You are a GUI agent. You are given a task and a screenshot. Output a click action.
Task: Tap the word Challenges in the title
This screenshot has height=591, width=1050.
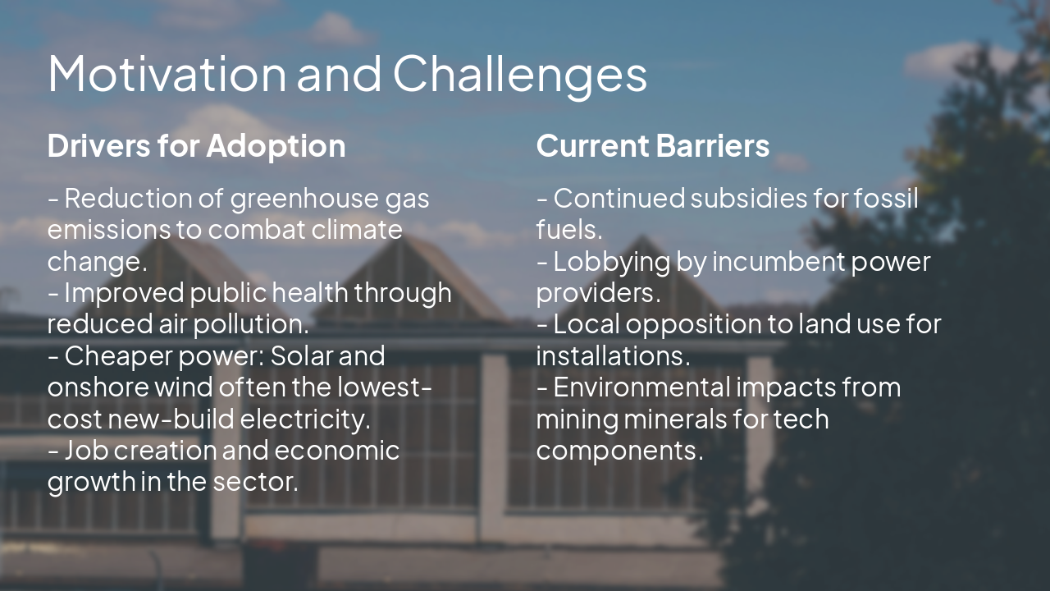[519, 74]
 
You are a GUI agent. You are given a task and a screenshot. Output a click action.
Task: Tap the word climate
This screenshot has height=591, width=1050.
[357, 230]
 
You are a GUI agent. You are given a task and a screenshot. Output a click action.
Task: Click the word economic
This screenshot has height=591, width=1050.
[336, 451]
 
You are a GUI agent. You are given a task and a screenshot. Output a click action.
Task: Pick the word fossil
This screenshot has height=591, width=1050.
[886, 199]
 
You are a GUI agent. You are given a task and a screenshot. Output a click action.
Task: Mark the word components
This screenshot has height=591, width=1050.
[619, 451]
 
